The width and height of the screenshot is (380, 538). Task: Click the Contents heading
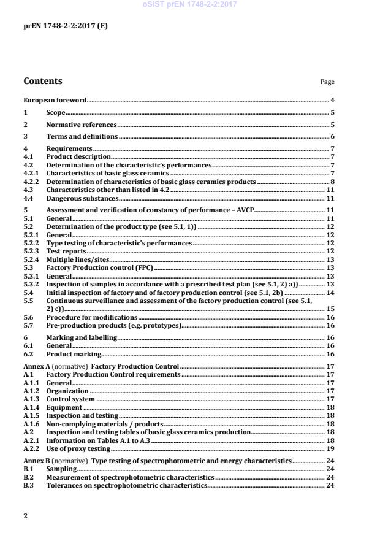click(42, 81)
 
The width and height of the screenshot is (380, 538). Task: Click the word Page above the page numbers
click(327, 82)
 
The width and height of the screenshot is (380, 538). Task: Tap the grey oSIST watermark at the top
click(189, 5)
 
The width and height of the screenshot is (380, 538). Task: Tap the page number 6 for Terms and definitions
click(332, 137)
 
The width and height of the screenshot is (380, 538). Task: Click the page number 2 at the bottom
click(25, 516)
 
